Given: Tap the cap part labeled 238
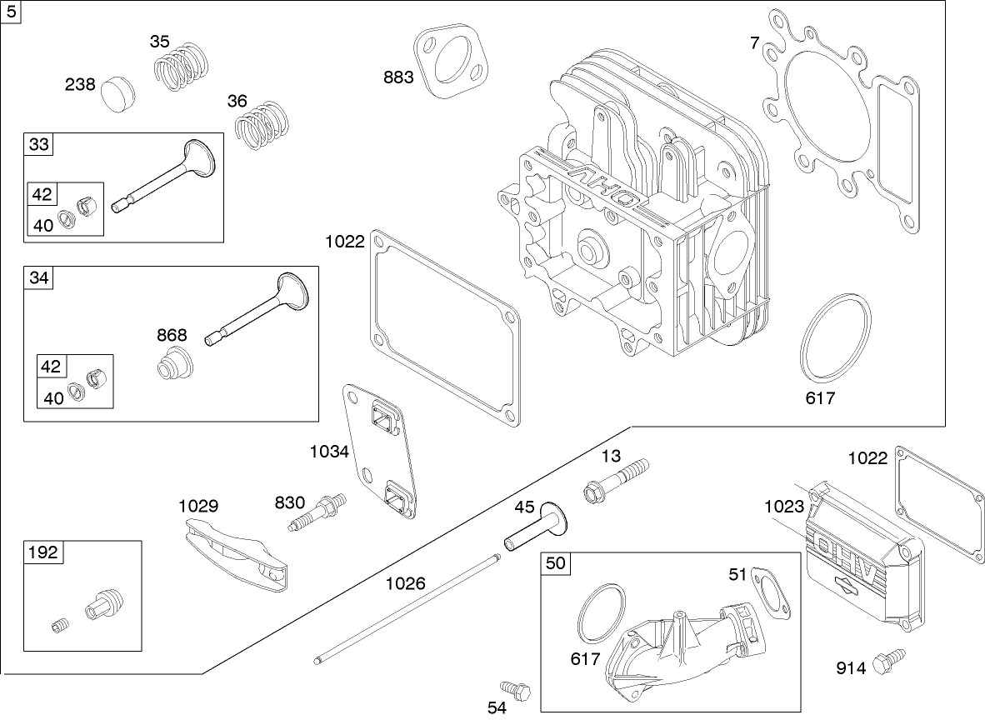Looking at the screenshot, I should pyautogui.click(x=115, y=93).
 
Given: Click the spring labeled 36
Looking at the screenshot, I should pyautogui.click(x=264, y=125).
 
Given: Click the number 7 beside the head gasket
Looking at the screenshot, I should pyautogui.click(x=754, y=43).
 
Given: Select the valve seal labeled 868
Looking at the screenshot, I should pyautogui.click(x=176, y=367).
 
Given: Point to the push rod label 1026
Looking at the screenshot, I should pyautogui.click(x=405, y=583).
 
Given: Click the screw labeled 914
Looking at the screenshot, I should pyautogui.click(x=892, y=660).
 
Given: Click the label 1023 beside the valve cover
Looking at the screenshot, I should pyautogui.click(x=783, y=506).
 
